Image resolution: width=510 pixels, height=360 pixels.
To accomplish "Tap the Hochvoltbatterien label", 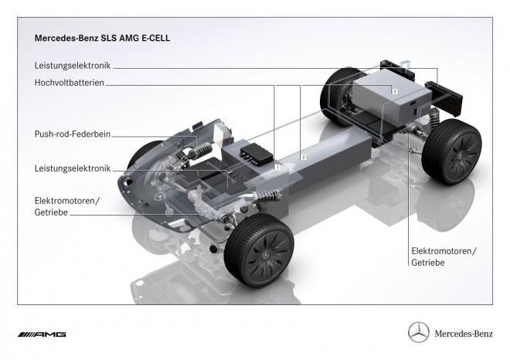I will click(69, 82).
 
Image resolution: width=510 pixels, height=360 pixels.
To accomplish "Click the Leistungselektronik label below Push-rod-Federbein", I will click(72, 168).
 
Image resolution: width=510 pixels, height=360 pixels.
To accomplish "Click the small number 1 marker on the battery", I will click(276, 165).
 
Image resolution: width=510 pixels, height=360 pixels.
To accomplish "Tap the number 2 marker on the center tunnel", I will click(304, 157).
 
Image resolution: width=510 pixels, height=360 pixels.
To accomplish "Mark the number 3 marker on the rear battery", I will click(394, 91).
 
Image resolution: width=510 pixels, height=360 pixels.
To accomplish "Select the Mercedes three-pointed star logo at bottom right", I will click(419, 333).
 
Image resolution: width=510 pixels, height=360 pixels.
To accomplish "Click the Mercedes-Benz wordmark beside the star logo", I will click(462, 334).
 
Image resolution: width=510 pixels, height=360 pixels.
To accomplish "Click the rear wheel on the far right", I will click(454, 152).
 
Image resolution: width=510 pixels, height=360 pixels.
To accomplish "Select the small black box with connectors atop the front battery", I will click(253, 152).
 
